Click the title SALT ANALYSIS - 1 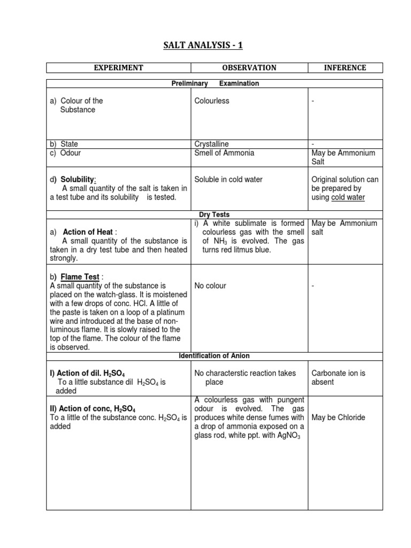click(203, 45)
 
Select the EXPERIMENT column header click(119, 67)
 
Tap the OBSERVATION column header click(249, 67)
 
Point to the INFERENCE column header click(345, 67)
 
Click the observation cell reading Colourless click(212, 101)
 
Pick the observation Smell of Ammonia click(224, 153)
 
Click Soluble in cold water click(229, 180)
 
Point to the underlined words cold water click(348, 197)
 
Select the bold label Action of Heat click(88, 232)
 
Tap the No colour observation click(210, 286)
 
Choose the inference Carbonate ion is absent click(338, 377)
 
